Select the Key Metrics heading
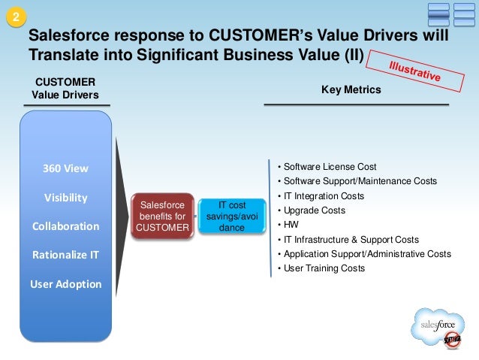click(351, 89)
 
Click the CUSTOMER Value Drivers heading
click(65, 87)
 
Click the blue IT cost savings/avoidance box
click(232, 216)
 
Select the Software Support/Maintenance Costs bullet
click(359, 181)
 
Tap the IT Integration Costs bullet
click(323, 196)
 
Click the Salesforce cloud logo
click(438, 327)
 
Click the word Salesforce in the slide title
click(66, 37)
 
